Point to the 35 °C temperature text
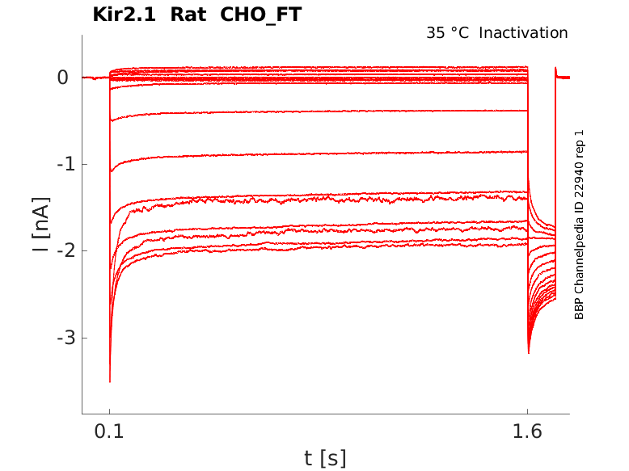click(x=449, y=33)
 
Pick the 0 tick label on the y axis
click(x=63, y=78)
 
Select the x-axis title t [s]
click(x=325, y=458)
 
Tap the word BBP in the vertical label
click(x=579, y=308)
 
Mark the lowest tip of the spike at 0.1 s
click(x=110, y=381)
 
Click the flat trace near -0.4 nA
click(x=323, y=111)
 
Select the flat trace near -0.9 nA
click(x=323, y=153)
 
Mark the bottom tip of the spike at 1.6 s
click(x=529, y=353)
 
